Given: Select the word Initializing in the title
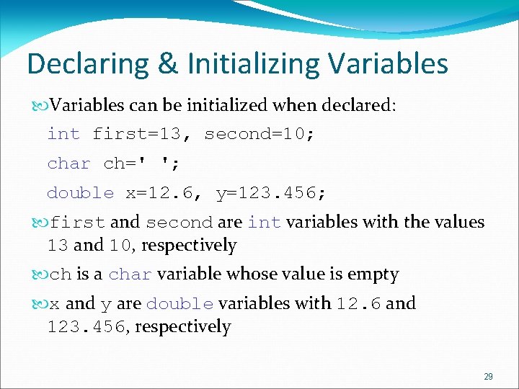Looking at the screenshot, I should tap(253, 64).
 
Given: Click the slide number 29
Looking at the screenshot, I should tap(488, 377).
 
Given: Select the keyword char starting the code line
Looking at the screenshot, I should tap(68, 164).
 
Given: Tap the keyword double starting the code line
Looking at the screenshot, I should tap(80, 193).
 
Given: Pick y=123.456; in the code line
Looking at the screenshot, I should tap(271, 193).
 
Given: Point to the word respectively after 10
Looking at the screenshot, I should tap(189, 246).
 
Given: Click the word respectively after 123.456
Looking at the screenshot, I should tap(183, 327).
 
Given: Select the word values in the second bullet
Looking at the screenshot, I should tap(459, 223).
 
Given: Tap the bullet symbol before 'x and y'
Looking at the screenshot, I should tap(41, 304).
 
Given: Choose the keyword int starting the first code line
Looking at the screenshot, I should tap(63, 134).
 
